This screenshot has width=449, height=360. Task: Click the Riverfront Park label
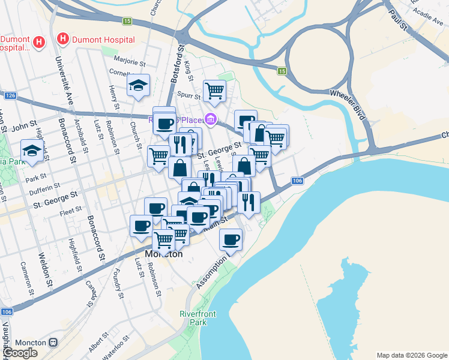[193, 318]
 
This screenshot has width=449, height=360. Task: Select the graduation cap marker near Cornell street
[138, 85]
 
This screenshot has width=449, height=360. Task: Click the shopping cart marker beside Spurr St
[214, 91]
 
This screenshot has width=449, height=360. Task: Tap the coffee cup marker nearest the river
[231, 240]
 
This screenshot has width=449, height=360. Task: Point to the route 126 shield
[10, 96]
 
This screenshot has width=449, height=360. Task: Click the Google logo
[20, 353]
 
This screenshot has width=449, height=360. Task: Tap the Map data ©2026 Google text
[411, 355]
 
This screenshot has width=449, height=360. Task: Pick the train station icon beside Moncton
[53, 343]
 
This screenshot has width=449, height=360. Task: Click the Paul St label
[397, 19]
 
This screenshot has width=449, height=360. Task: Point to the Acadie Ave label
[427, 14]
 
